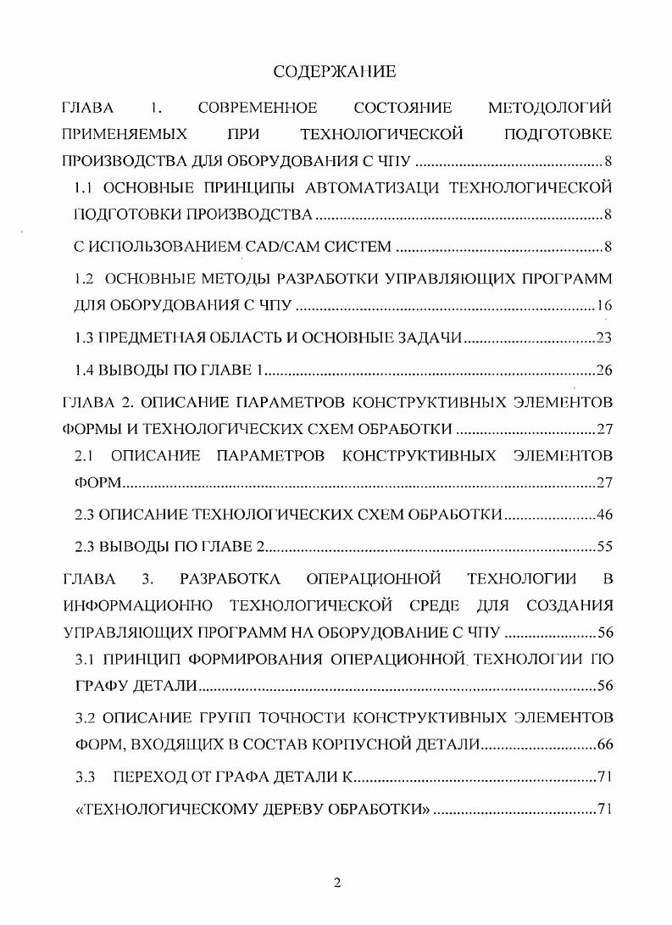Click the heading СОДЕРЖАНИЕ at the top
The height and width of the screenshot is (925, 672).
click(x=336, y=72)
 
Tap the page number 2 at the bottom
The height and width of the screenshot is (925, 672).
click(x=336, y=883)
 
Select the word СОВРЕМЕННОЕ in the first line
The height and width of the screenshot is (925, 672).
click(x=258, y=108)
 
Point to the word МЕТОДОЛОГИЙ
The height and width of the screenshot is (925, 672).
click(x=551, y=108)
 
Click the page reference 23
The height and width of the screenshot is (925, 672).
click(x=604, y=337)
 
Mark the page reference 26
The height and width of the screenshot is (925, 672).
click(x=604, y=370)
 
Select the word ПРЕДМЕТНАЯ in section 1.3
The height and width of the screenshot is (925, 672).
click(x=142, y=337)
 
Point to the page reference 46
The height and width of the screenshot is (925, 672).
click(x=604, y=514)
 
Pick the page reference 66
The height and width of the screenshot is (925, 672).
click(x=604, y=744)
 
